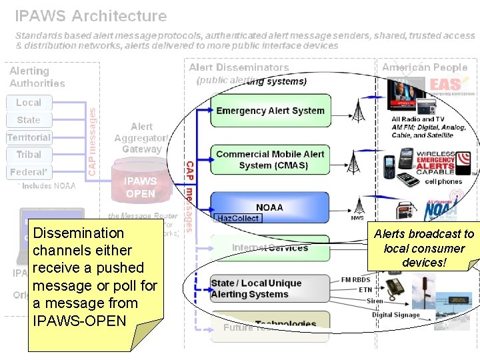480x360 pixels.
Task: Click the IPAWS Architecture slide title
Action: [91, 15]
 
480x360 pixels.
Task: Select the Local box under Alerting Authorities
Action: [29, 103]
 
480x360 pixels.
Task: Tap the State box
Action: [29, 120]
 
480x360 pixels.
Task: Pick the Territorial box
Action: [29, 137]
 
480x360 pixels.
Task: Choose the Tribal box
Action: [29, 155]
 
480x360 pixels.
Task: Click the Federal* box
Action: [29, 171]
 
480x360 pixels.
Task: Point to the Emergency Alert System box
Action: [270, 111]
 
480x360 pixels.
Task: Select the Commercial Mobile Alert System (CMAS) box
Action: [270, 160]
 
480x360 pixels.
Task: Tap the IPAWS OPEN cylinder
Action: [140, 187]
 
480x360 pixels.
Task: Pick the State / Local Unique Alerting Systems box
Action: [270, 289]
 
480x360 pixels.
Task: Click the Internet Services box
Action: [270, 248]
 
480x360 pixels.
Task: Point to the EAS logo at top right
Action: [445, 85]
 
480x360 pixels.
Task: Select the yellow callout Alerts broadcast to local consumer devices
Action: [424, 248]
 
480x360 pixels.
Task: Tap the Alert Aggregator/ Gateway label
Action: [141, 138]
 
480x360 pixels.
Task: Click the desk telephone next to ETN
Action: [397, 286]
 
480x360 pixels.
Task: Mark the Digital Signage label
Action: [396, 315]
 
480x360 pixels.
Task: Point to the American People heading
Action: [425, 67]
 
